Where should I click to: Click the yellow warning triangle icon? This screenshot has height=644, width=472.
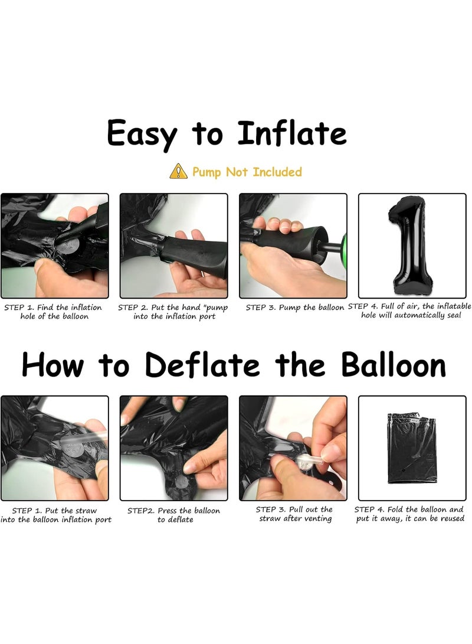pos(179,171)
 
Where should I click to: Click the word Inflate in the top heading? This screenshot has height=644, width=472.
pos(292,133)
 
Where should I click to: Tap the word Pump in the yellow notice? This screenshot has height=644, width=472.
pos(206,172)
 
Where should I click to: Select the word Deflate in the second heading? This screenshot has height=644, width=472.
pos(202,364)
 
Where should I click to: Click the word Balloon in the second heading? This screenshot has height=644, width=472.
pos(393,364)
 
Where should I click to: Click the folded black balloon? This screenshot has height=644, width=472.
pos(412,449)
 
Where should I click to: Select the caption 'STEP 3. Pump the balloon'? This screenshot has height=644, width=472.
pos(294,308)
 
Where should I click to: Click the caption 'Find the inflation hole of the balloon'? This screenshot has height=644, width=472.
pos(53,312)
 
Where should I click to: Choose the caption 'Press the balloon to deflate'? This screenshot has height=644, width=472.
pos(173,515)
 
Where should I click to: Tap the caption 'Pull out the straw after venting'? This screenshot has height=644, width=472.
pos(294,514)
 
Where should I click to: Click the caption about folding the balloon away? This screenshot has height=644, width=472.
pos(409,514)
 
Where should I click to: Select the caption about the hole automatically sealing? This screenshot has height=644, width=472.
pos(409,310)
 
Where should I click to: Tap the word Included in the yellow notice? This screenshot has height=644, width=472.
pos(277,172)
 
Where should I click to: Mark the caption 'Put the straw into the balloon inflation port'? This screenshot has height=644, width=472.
pos(56,515)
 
